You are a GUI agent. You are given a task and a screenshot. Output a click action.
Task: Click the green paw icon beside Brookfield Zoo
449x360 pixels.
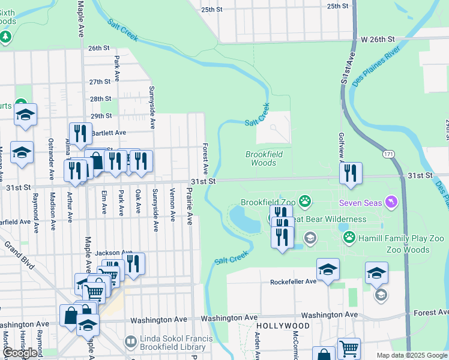306,202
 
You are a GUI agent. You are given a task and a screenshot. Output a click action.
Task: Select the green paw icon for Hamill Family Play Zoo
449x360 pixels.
349,238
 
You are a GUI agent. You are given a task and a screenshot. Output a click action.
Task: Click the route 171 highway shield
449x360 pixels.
390,154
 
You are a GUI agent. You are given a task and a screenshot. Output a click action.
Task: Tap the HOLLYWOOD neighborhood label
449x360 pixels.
274,326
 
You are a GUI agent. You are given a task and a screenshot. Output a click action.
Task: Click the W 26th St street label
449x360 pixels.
379,39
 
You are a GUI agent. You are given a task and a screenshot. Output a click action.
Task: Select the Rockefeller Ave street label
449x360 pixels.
293,281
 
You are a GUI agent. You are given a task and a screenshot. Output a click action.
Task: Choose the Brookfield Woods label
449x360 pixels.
264,158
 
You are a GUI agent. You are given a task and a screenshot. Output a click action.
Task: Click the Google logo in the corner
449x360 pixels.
20,353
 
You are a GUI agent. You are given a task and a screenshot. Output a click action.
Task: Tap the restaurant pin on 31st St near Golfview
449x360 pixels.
351,173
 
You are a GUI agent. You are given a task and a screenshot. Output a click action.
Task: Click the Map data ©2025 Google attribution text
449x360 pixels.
411,355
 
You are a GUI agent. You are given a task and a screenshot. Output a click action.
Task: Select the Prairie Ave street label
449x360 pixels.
189,206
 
